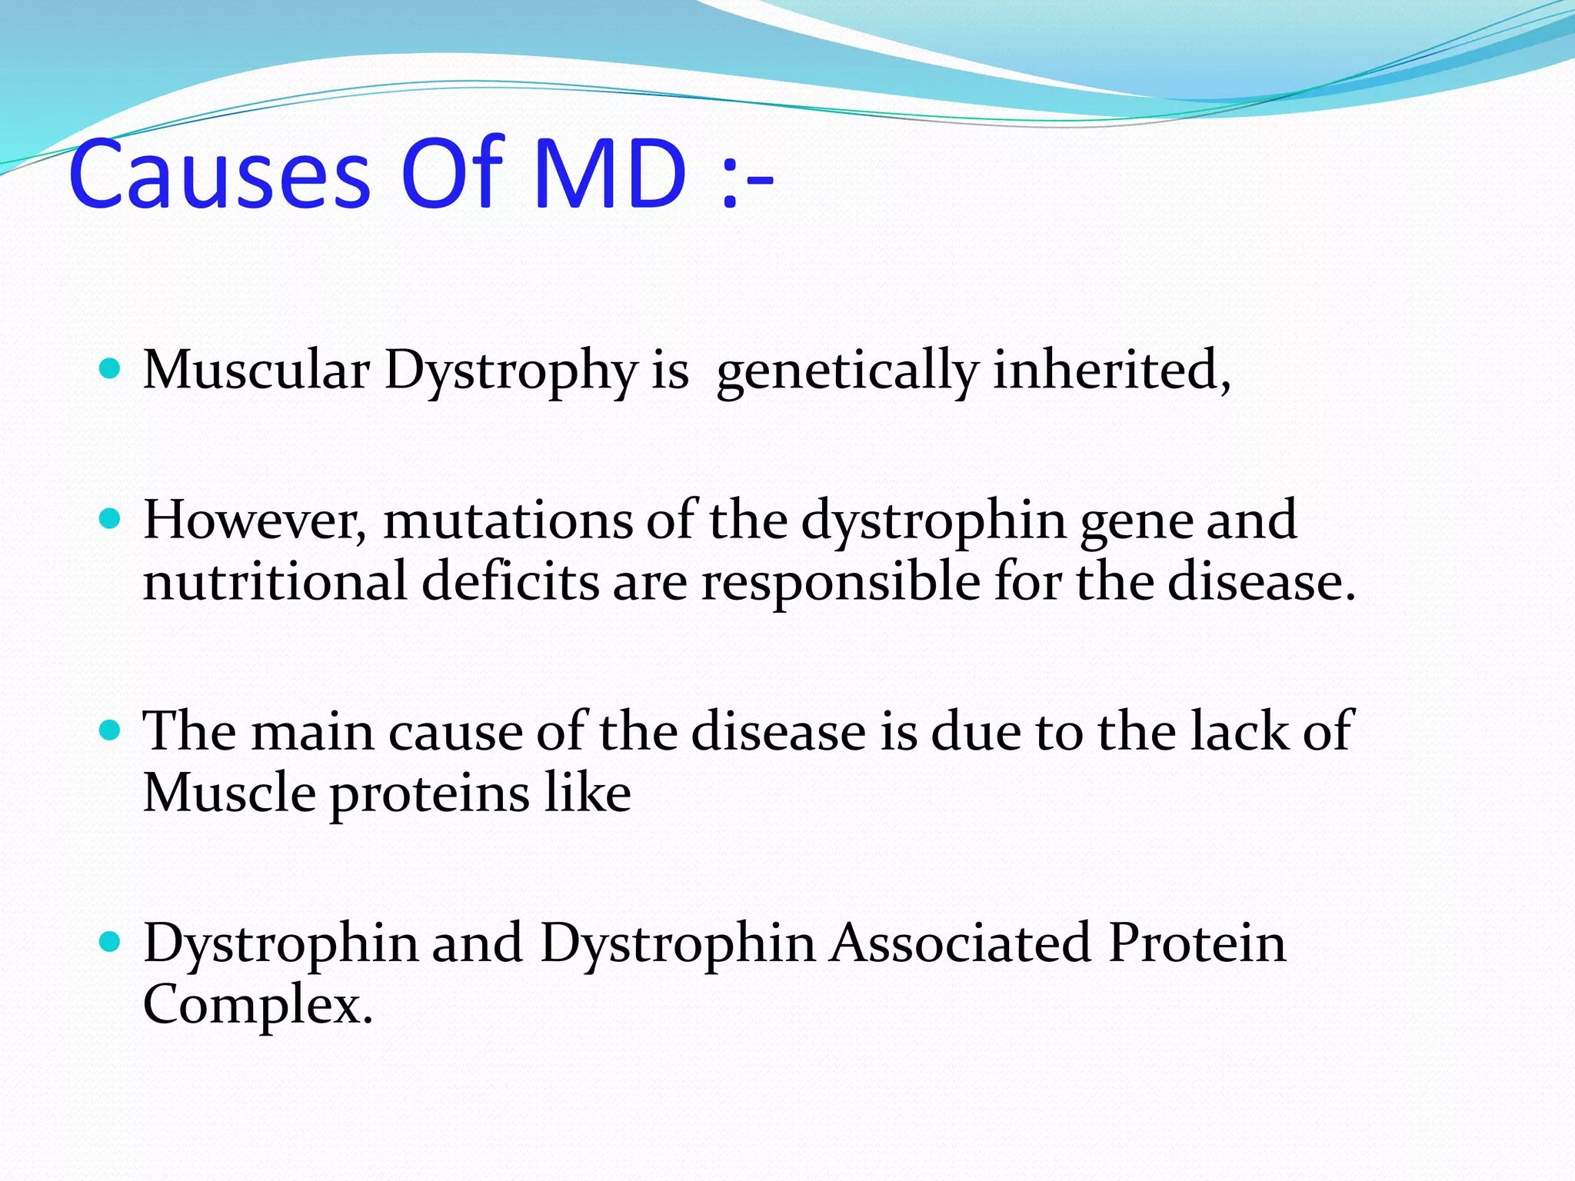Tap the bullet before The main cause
111,730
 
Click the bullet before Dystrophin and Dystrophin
111,942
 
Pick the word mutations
508,521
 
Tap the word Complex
257,1006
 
